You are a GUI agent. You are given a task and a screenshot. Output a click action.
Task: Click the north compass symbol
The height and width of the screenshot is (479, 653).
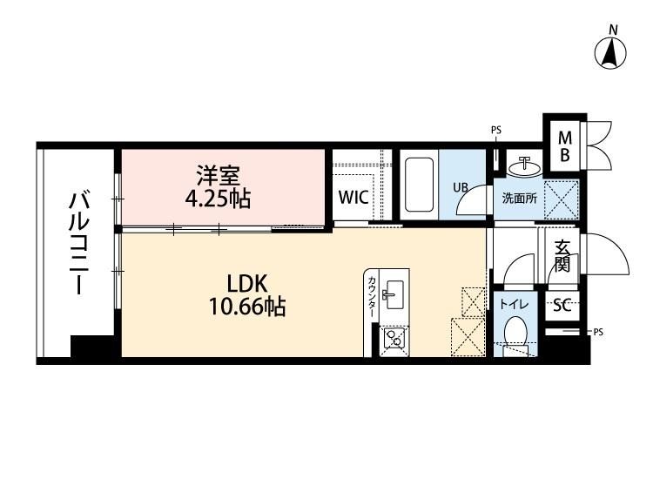click(610, 53)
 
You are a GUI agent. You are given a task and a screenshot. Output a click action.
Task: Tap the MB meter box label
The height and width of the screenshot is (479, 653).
click(565, 145)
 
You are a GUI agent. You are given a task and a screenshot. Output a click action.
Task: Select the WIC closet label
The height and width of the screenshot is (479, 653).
click(353, 197)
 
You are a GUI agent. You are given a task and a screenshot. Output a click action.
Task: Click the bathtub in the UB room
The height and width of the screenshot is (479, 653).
click(418, 185)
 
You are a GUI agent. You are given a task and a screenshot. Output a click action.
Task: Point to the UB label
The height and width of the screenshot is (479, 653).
click(461, 187)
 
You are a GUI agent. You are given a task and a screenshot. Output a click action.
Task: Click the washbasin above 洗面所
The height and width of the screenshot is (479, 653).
click(525, 166)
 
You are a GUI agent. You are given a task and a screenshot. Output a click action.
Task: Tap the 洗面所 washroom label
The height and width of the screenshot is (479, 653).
click(519, 199)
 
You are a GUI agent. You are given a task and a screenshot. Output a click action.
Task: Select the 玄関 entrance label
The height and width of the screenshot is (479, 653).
click(562, 256)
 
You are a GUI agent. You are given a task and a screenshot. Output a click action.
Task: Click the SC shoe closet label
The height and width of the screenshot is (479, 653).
click(562, 307)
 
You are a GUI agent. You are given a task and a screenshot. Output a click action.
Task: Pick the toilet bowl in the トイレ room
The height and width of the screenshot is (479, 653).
click(516, 330)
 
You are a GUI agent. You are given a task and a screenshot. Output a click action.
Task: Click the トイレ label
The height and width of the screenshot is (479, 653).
click(515, 305)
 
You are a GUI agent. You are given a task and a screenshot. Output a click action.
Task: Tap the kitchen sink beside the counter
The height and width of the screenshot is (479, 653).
click(394, 294)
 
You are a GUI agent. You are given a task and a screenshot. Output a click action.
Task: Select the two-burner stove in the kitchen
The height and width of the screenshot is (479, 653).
click(394, 338)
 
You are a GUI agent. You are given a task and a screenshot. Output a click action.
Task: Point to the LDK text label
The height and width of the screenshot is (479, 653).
click(247, 284)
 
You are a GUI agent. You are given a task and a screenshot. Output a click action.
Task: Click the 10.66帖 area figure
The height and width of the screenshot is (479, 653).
click(247, 307)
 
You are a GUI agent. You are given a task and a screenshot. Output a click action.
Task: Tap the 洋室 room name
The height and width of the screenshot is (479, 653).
click(219, 176)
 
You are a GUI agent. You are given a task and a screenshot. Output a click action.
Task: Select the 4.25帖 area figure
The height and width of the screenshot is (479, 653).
click(218, 199)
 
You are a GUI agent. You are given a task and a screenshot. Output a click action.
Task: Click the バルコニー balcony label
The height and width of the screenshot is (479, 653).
click(79, 243)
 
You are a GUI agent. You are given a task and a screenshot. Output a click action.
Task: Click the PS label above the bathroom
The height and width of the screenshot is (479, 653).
click(496, 131)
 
